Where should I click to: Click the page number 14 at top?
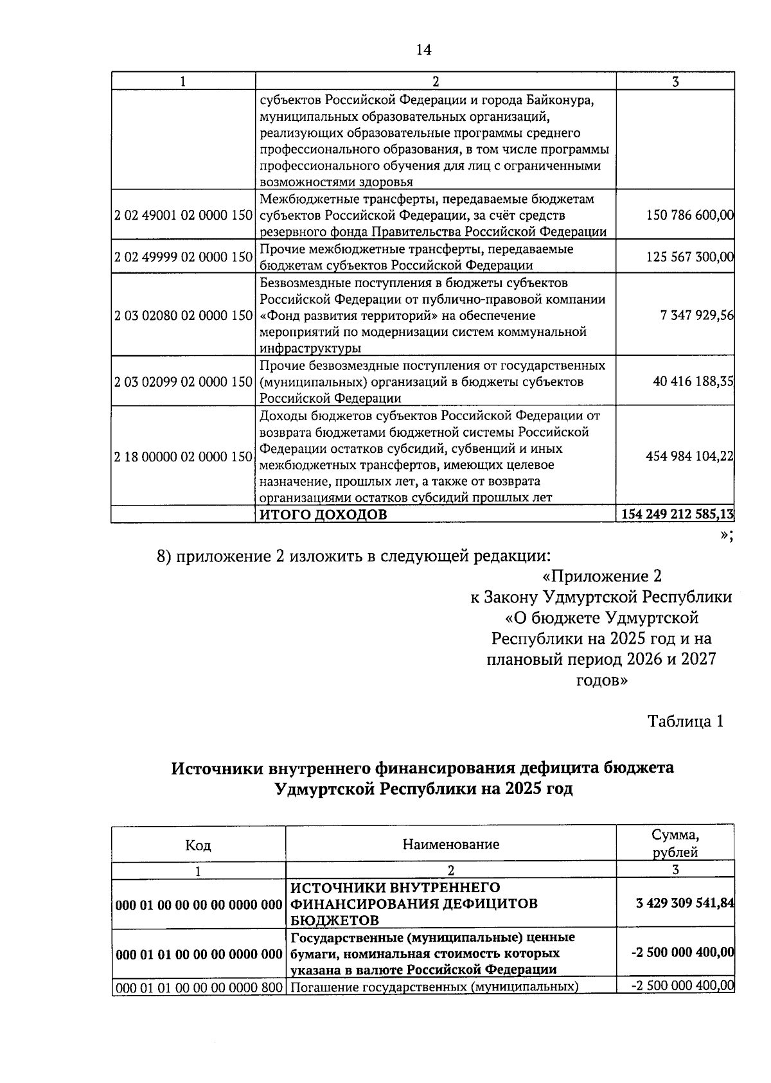click(x=423, y=50)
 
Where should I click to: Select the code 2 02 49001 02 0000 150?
click(x=183, y=216)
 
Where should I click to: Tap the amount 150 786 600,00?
click(x=690, y=216)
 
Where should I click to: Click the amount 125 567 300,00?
click(x=690, y=257)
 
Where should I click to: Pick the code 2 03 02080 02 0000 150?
click(x=183, y=315)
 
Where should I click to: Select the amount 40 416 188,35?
click(x=693, y=382)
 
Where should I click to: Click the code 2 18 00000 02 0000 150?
click(x=183, y=457)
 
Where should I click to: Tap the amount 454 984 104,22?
click(x=690, y=456)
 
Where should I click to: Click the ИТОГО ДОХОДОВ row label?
click(x=323, y=515)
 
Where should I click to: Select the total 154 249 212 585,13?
click(x=678, y=515)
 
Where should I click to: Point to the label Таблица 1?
click(x=685, y=721)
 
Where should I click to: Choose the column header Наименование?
click(x=450, y=844)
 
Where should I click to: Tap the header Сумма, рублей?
click(x=675, y=844)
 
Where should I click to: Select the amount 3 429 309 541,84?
click(x=685, y=903)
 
